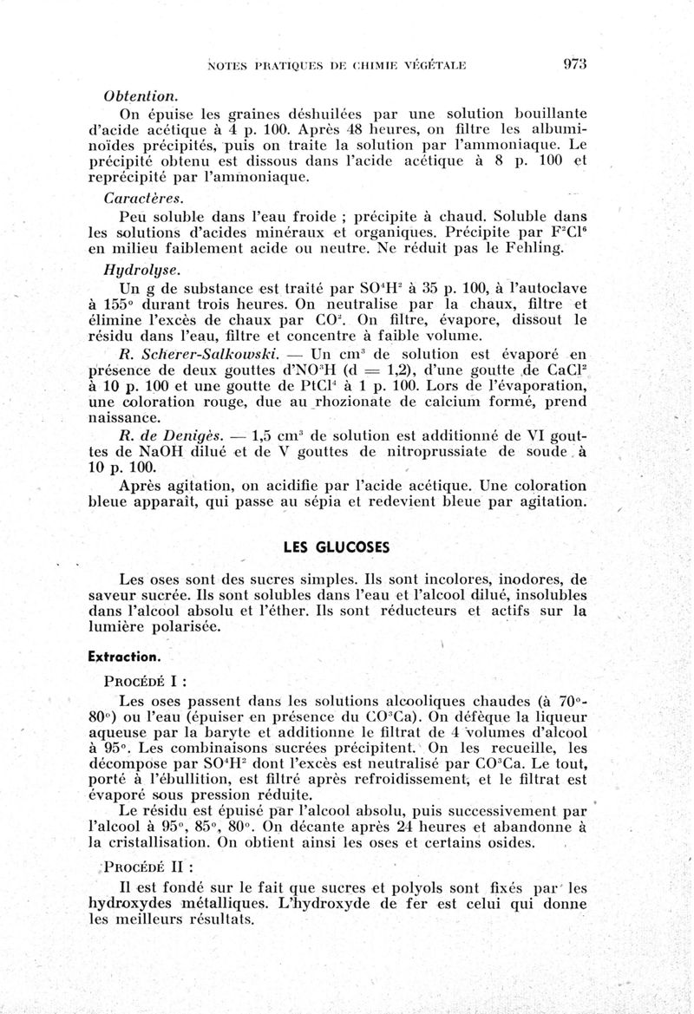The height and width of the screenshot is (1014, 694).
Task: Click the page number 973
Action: pos(575,62)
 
